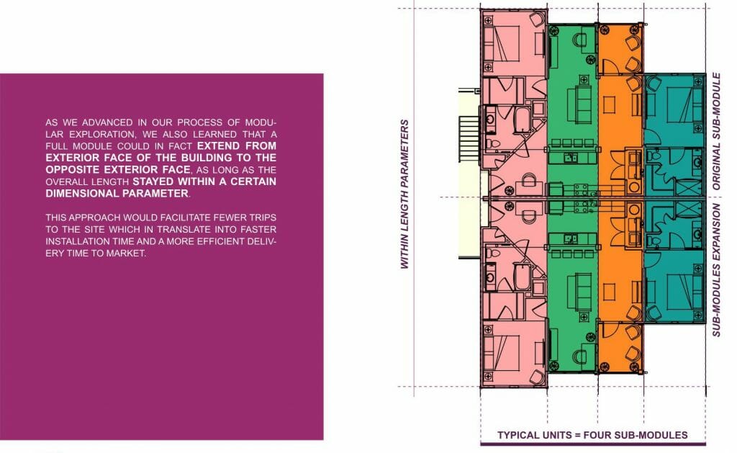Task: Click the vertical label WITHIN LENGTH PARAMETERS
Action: pos(404,194)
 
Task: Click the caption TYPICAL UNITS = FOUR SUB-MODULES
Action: pos(592,435)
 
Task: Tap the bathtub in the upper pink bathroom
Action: pos(518,115)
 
